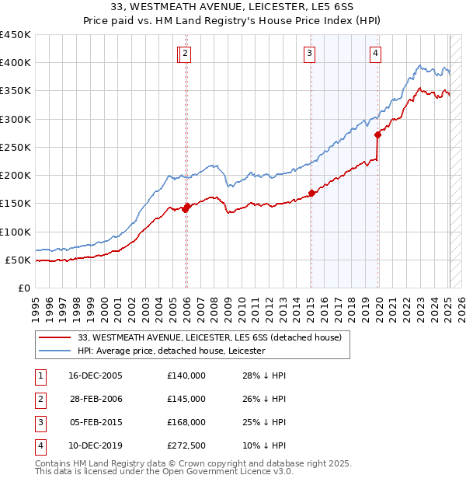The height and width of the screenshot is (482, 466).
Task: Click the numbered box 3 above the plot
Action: click(309, 54)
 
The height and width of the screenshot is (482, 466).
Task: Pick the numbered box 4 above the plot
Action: click(375, 54)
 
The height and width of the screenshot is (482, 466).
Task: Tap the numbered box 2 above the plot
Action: click(187, 54)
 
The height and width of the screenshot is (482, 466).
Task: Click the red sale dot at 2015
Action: click(311, 193)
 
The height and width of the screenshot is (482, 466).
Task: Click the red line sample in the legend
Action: click(54, 337)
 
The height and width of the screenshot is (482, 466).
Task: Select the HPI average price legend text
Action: click(172, 351)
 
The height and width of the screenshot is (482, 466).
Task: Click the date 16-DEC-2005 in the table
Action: click(96, 375)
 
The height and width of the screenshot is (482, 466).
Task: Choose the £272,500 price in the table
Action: click(186, 445)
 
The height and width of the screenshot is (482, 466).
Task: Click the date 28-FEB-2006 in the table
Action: click(96, 399)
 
